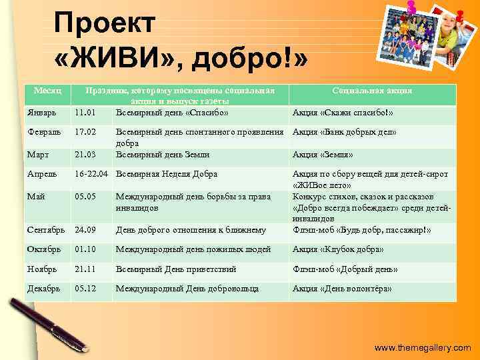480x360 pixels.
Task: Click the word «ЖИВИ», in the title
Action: pyautogui.click(x=119, y=62)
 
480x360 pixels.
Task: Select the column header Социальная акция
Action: pyautogui.click(x=372, y=90)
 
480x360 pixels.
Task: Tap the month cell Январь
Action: pyautogui.click(x=42, y=112)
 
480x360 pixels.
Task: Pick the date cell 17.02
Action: pyautogui.click(x=85, y=132)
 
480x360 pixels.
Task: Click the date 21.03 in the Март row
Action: pyautogui.click(x=85, y=154)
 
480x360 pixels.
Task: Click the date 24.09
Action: pyautogui.click(x=85, y=230)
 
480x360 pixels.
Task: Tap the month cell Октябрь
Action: pyautogui.click(x=45, y=249)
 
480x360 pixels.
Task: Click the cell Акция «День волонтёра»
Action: pyautogui.click(x=342, y=289)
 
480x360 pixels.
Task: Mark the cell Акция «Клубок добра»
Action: pyautogui.click(x=338, y=249)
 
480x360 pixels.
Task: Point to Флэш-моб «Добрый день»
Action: pyautogui.click(x=345, y=269)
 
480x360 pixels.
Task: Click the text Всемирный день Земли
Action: pyautogui.click(x=163, y=154)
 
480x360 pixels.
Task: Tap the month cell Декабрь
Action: pyautogui.click(x=44, y=289)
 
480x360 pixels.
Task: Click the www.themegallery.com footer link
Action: pyautogui.click(x=422, y=348)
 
